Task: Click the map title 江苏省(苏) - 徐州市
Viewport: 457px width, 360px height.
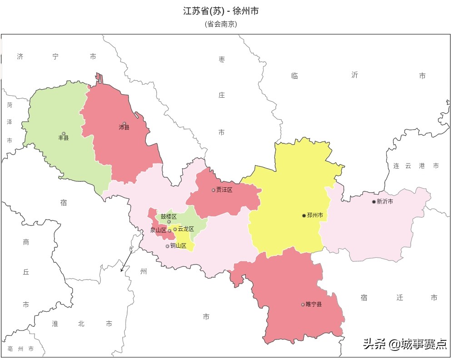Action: click(221, 11)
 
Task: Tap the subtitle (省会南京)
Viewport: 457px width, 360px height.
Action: click(221, 24)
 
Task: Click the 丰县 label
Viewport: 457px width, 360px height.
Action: click(64, 138)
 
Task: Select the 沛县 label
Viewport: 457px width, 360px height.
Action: click(124, 128)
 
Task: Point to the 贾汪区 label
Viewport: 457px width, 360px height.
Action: click(224, 190)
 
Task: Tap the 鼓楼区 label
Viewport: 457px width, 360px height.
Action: click(169, 216)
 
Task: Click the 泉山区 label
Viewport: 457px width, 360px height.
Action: click(158, 230)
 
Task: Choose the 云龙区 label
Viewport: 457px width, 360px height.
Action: click(186, 229)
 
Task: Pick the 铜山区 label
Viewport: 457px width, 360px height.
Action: click(178, 246)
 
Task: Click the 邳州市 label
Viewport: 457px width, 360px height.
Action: click(315, 215)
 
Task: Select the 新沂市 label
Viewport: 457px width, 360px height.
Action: click(385, 202)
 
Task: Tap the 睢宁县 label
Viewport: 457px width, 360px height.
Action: click(313, 305)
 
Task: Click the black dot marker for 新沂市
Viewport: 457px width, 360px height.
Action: click(374, 202)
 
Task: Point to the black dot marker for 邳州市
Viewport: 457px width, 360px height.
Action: click(304, 215)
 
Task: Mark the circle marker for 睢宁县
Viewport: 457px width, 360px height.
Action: click(303, 305)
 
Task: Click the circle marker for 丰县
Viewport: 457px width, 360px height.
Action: click(64, 133)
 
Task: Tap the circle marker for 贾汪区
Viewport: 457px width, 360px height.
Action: click(213, 190)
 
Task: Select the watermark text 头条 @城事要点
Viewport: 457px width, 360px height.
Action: click(404, 344)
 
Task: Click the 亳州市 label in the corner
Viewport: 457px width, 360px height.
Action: click(20, 349)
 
